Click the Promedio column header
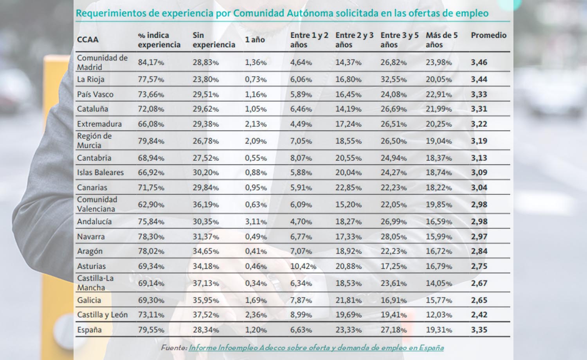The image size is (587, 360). click(488, 35)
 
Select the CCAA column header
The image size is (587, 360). click(88, 40)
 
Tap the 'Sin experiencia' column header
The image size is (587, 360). click(213, 40)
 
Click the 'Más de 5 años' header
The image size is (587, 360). click(441, 40)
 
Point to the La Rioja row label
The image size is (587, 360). click(91, 79)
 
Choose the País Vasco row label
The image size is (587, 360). click(95, 94)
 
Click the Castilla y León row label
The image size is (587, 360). click(102, 315)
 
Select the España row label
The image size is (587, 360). click(89, 330)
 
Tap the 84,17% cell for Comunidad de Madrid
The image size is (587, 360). click(151, 62)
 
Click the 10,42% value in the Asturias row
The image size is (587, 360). click(303, 266)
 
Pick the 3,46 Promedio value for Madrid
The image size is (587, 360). click(479, 62)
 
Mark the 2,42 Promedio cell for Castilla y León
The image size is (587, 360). click(479, 315)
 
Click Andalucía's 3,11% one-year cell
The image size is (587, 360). click(256, 221)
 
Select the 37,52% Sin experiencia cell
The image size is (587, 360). click(205, 315)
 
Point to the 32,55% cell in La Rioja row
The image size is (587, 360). click(393, 79)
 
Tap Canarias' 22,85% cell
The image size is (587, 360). click(348, 187)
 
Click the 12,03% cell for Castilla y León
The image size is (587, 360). click(439, 315)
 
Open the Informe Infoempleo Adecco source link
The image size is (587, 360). click(316, 347)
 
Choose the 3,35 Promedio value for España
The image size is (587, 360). click(479, 330)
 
